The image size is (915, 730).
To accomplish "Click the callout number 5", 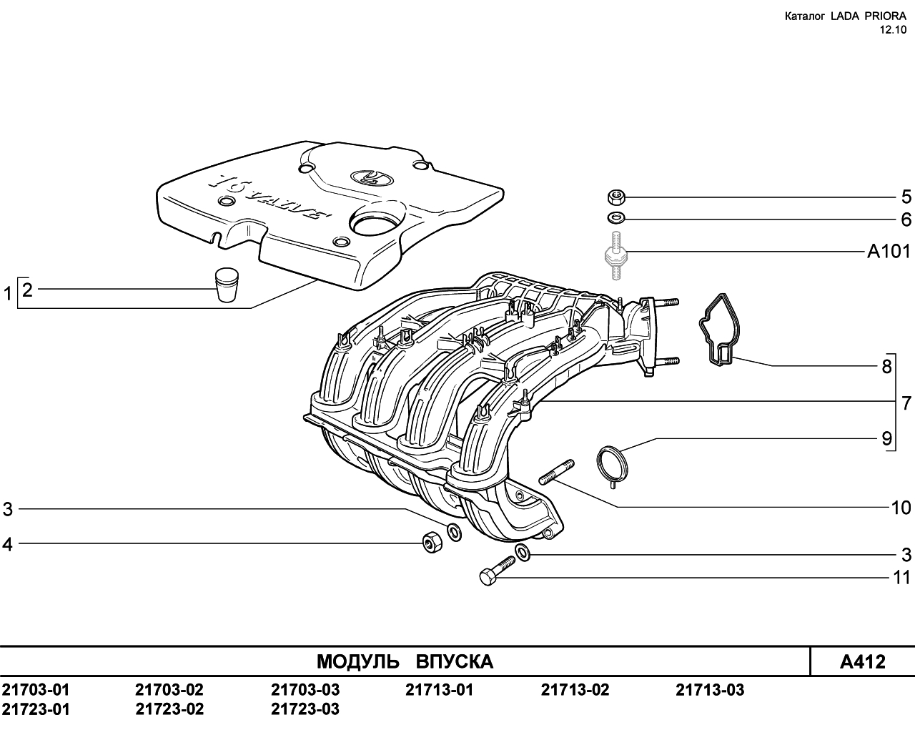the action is [x=906, y=197].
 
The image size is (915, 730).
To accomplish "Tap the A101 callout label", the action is [x=889, y=252].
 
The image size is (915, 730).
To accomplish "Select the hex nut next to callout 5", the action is [x=615, y=197].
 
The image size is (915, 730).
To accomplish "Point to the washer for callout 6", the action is [x=615, y=218].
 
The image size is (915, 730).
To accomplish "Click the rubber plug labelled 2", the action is [x=226, y=285].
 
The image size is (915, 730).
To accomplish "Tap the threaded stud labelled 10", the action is [x=557, y=472].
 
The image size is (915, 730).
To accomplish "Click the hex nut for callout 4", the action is [x=432, y=543].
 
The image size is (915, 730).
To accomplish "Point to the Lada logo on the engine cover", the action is [x=367, y=177].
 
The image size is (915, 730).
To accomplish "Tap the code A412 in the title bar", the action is [x=863, y=661].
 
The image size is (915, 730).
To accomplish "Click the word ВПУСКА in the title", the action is [x=455, y=661].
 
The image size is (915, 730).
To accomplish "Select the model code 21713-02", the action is [x=575, y=689].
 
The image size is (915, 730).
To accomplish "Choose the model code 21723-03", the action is [x=305, y=709].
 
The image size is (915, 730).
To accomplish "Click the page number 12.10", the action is [x=892, y=30].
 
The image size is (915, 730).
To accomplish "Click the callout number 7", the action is [x=906, y=403].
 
